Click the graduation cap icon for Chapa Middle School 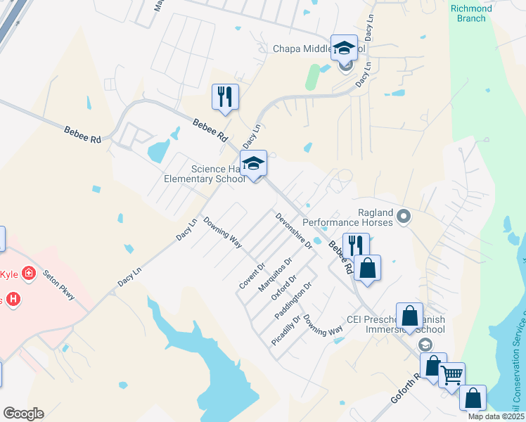pos(344,48)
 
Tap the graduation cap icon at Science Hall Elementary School pos(254,164)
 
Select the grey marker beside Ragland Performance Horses pos(404,217)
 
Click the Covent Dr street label pos(252,276)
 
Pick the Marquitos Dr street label pos(274,275)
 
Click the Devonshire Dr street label pos(294,231)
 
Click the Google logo pos(23,414)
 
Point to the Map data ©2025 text pos(496,416)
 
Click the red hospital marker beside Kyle pos(29,273)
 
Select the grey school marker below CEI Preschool pos(425,345)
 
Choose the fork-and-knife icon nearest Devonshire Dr pos(356,245)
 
